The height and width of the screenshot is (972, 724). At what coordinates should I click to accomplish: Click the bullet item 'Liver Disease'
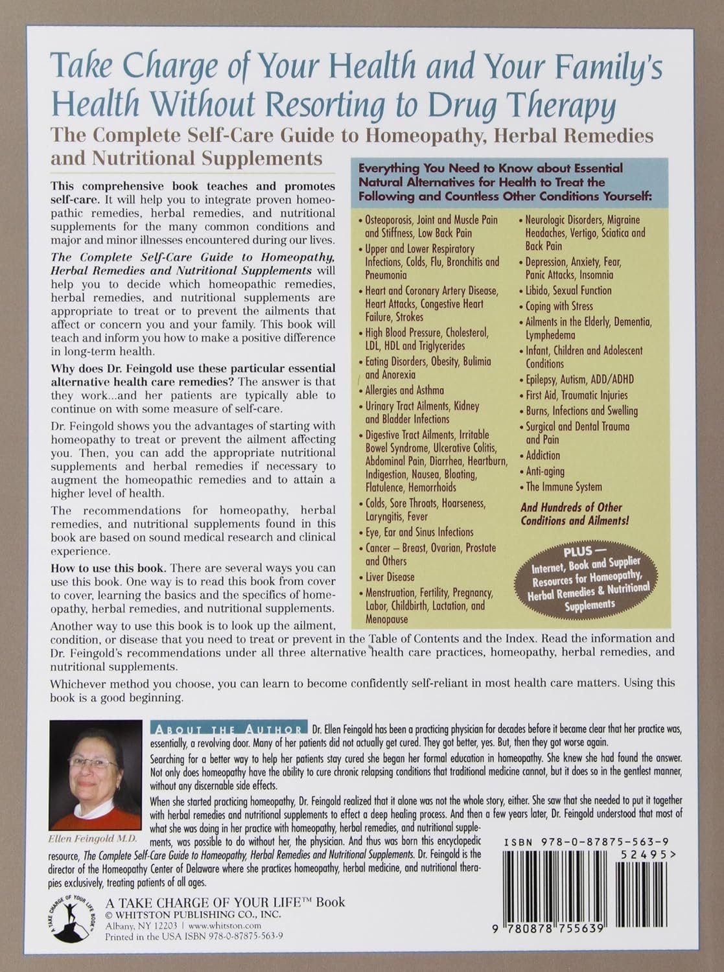(390, 577)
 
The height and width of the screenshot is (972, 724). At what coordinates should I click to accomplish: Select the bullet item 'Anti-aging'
(545, 471)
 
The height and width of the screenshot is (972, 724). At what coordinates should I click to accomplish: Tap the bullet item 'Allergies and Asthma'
(404, 390)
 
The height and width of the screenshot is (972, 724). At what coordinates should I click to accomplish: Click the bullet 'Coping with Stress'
(559, 306)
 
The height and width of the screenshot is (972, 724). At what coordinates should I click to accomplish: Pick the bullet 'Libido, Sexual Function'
(568, 290)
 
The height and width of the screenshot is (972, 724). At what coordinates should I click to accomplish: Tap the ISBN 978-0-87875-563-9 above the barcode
(585, 842)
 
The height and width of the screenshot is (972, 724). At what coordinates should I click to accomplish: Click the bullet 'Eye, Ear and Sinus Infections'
(419, 532)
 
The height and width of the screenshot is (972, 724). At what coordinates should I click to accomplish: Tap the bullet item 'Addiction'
(543, 456)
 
